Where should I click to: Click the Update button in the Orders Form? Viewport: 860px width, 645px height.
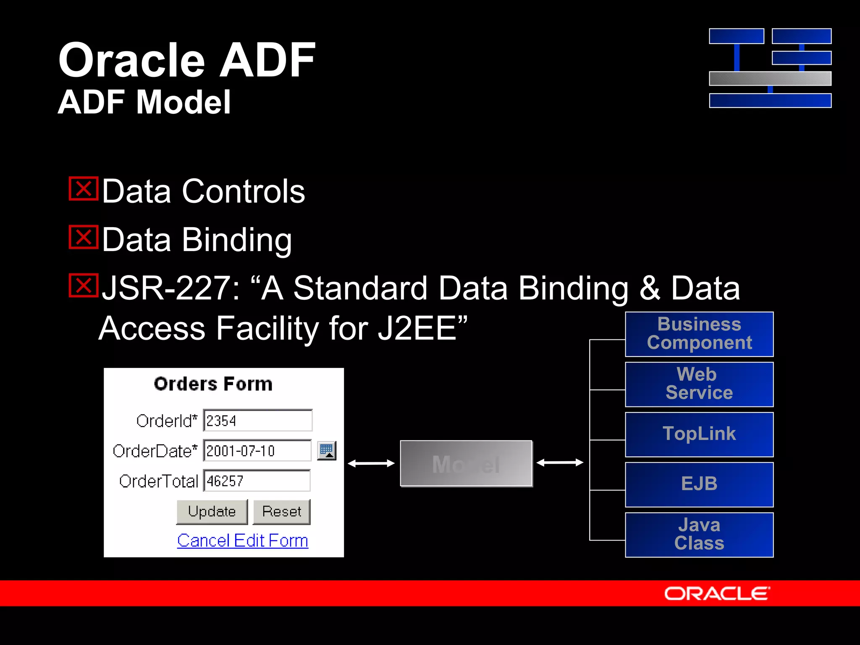tap(212, 511)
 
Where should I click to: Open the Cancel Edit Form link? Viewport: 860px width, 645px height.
tap(242, 540)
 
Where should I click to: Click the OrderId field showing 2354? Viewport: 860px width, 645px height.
tap(258, 420)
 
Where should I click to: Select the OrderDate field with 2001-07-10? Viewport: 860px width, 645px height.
tap(257, 451)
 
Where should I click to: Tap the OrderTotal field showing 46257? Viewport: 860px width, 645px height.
tap(257, 481)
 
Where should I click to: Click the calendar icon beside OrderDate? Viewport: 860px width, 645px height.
tap(327, 451)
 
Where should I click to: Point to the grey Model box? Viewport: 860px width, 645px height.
tap(466, 464)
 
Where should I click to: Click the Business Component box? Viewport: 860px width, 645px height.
tap(699, 334)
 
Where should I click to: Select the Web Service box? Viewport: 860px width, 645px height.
tap(699, 384)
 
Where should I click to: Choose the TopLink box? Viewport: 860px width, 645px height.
tap(699, 434)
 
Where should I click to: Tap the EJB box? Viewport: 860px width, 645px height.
tap(699, 484)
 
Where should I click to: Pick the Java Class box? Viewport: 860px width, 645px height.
tap(699, 535)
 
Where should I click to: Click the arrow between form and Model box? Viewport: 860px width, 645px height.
tap(371, 463)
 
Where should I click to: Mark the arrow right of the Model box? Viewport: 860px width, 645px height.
tap(560, 463)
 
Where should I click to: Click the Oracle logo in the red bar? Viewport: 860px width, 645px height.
tap(717, 593)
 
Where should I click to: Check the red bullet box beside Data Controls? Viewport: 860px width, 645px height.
tap(84, 189)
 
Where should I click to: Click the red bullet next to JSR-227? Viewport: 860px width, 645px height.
tap(84, 286)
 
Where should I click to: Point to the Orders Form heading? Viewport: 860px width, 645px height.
tap(213, 384)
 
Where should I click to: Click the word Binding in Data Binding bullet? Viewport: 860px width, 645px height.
tap(237, 240)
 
